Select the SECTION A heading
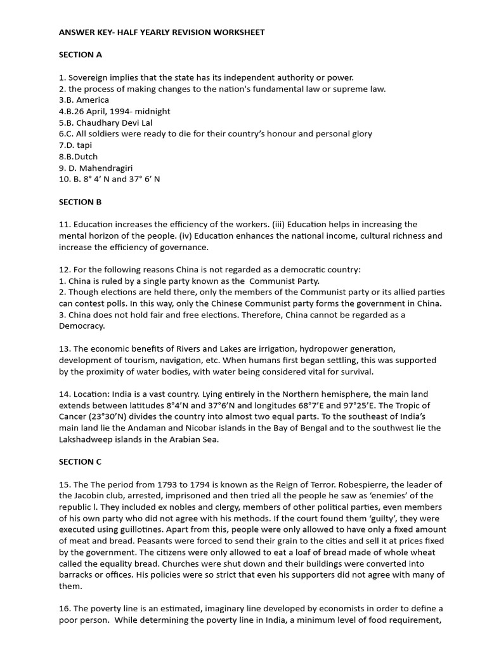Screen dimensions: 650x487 point(81,55)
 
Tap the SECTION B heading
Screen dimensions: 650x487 point(81,202)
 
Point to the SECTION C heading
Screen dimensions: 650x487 point(81,462)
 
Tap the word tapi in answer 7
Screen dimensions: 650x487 point(84,145)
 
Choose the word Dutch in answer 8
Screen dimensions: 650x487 point(86,157)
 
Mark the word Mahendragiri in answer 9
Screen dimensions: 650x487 point(107,168)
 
